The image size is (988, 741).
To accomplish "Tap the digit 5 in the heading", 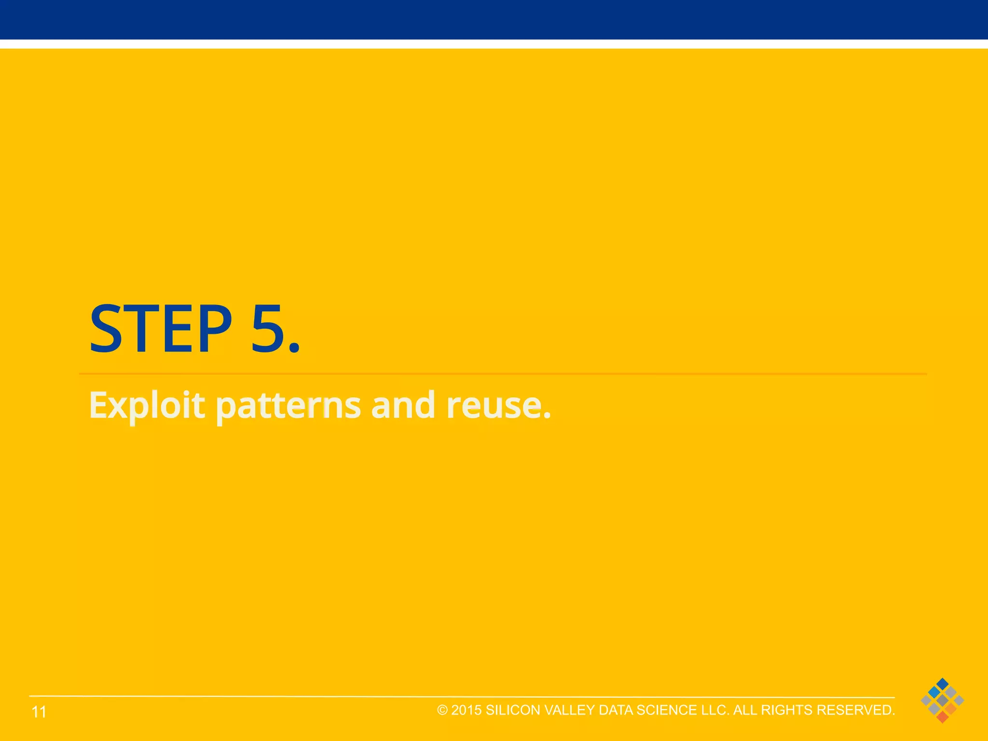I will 268,329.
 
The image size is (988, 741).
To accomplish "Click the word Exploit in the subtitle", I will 147,405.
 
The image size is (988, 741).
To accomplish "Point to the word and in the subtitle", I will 403,405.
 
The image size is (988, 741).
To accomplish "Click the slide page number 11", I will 39,712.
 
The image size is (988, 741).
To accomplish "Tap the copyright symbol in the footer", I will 442,710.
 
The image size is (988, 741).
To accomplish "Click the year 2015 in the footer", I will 467,710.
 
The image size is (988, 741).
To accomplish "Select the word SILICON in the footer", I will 513,710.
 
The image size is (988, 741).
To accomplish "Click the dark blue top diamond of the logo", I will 942,684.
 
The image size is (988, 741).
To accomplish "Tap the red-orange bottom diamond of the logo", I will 942,717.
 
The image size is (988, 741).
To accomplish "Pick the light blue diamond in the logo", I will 934,692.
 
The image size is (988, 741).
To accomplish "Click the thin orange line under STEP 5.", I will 502,374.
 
